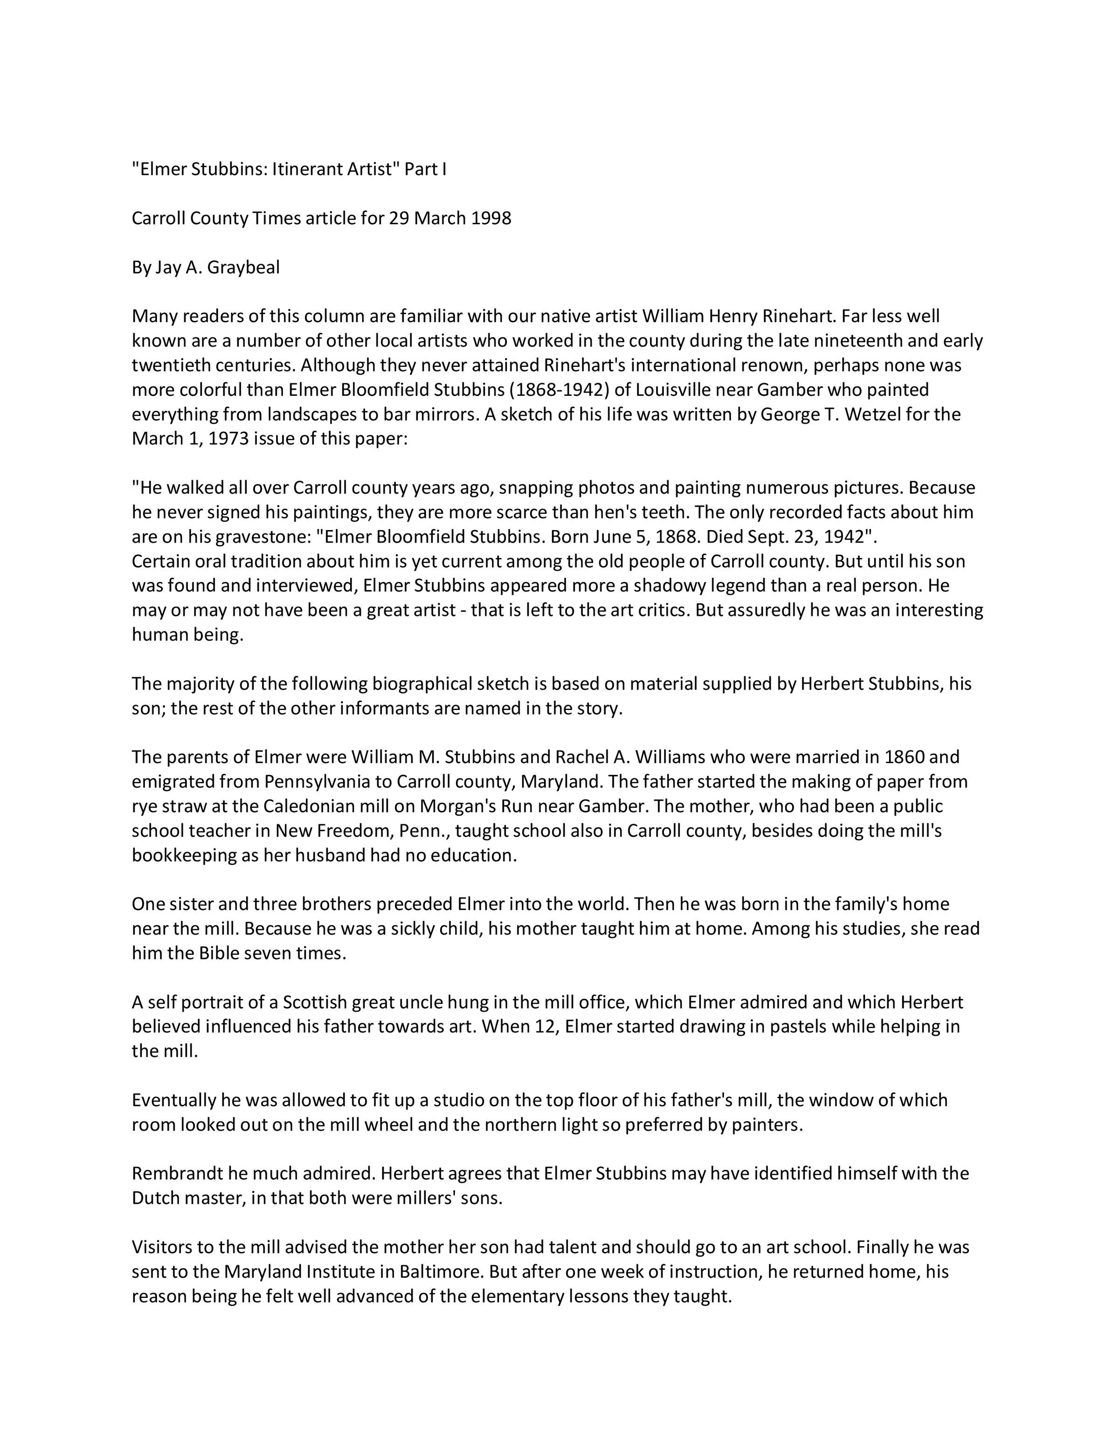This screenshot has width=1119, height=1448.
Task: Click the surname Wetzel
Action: pyautogui.click(x=880, y=414)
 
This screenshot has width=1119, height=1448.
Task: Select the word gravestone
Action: pyautogui.click(x=262, y=537)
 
